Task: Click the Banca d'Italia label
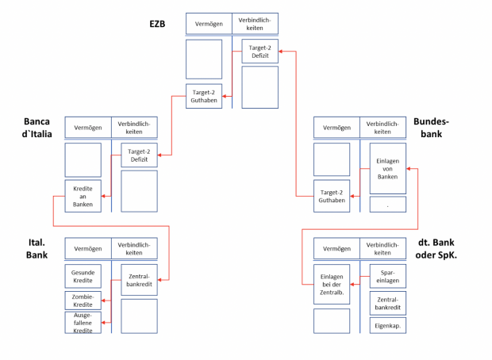[x=37, y=127]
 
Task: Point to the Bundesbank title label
[x=432, y=128]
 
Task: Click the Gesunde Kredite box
[x=83, y=275]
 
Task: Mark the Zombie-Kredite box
[x=83, y=300]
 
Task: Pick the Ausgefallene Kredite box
[x=83, y=323]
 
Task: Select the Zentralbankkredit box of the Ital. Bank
[x=139, y=279]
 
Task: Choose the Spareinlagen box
[x=387, y=275]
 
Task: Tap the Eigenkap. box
[x=387, y=325]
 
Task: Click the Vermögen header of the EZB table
[x=208, y=24]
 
